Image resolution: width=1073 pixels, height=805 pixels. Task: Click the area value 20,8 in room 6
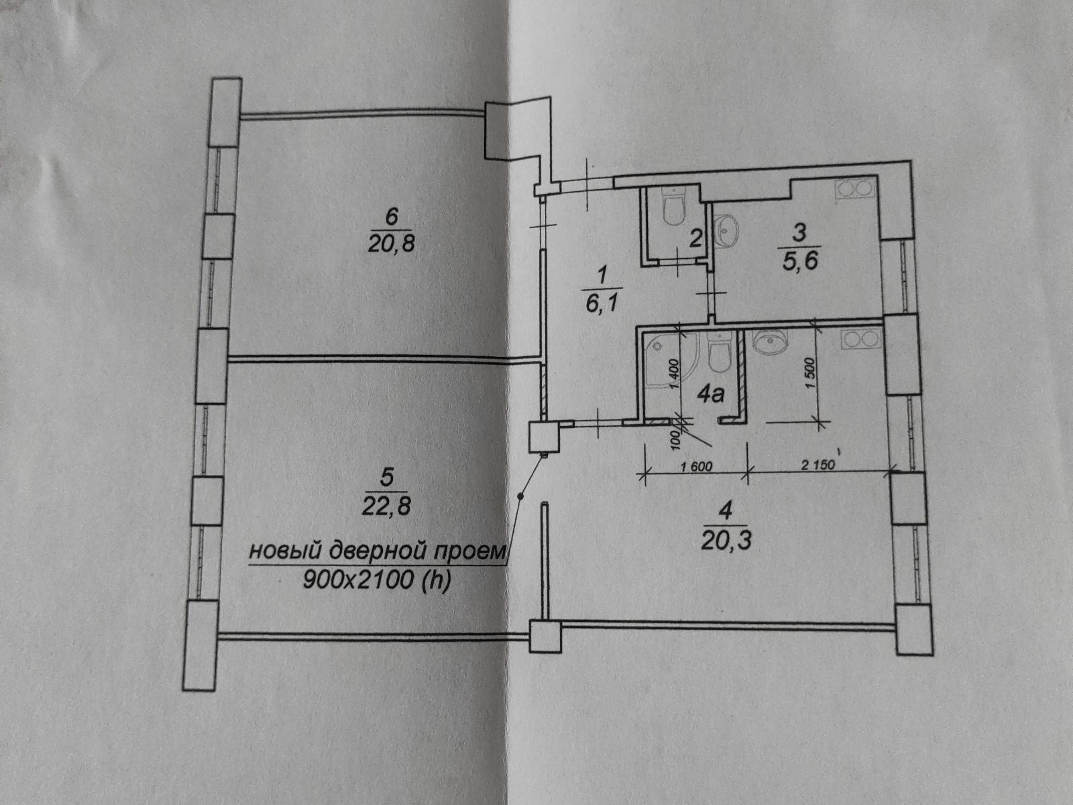[392, 243]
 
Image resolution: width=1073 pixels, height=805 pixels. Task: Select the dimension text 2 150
[817, 466]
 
